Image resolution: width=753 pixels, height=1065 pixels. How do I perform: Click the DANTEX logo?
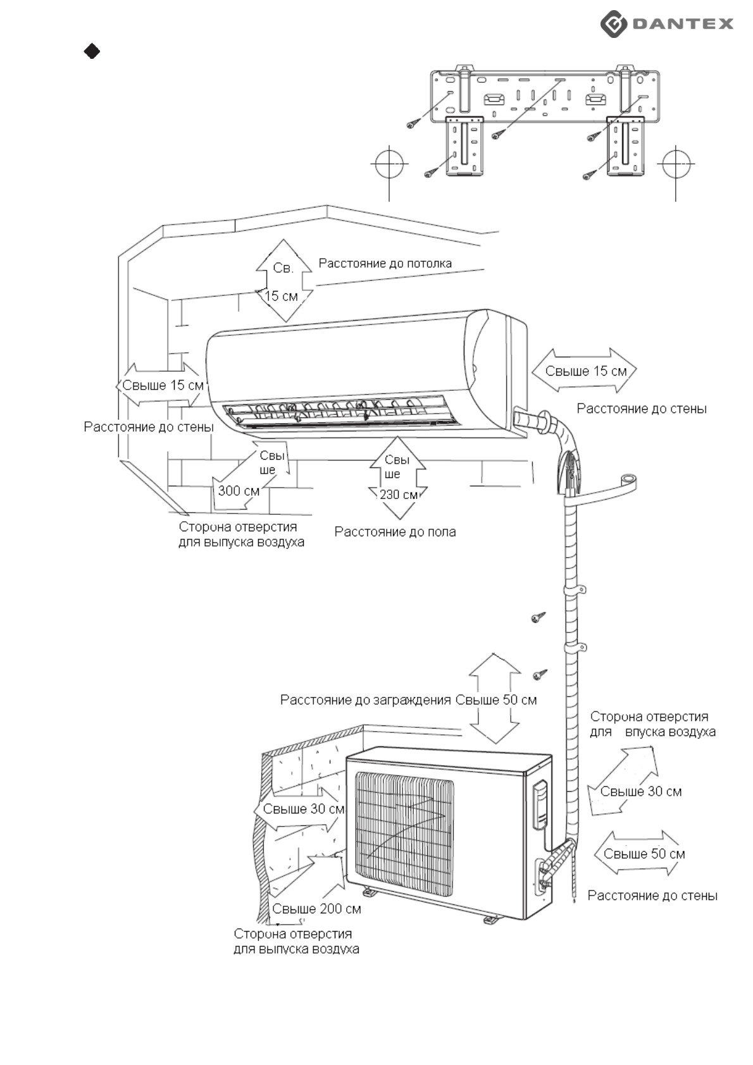[667, 24]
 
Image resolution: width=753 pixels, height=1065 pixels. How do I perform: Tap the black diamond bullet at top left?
[92, 51]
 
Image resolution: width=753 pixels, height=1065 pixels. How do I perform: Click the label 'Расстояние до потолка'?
[385, 263]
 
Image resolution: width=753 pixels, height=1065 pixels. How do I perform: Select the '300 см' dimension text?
[239, 491]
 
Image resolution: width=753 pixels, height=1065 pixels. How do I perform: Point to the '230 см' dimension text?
[399, 495]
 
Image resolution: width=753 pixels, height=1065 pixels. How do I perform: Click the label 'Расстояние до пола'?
[395, 532]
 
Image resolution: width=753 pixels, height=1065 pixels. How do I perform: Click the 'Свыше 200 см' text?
[316, 909]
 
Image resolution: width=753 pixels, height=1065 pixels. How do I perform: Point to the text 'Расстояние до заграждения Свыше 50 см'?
[408, 700]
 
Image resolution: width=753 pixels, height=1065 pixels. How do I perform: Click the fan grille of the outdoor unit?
[404, 832]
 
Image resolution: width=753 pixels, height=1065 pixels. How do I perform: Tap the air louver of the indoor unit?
[335, 410]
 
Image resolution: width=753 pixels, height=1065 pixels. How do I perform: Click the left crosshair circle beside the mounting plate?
[389, 164]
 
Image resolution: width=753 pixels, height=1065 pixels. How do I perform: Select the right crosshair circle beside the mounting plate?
[676, 164]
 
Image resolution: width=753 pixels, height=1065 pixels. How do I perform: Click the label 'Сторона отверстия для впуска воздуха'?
[652, 724]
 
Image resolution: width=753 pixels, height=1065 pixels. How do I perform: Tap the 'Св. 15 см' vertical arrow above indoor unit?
[283, 281]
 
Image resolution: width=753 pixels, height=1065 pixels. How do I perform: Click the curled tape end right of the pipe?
[628, 481]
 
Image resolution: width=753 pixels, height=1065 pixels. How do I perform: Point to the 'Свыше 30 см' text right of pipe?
[640, 792]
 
